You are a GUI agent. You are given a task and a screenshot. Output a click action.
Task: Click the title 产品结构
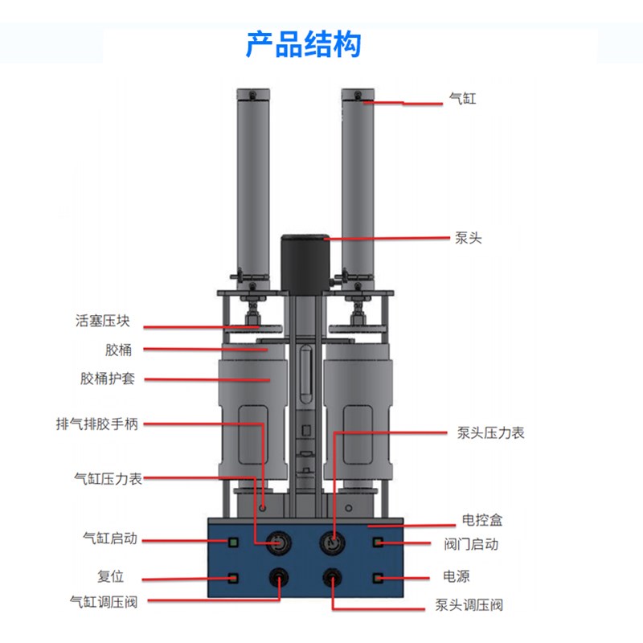[303, 44]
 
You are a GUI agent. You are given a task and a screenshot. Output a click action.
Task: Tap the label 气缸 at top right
[463, 100]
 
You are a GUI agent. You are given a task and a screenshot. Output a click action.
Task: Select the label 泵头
[468, 238]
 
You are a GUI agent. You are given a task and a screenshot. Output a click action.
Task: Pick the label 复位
[109, 577]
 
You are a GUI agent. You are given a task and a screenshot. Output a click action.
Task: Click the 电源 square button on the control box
[378, 578]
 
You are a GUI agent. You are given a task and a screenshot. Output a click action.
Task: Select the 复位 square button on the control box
[234, 578]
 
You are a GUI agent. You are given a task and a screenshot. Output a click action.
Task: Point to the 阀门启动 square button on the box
[378, 543]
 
